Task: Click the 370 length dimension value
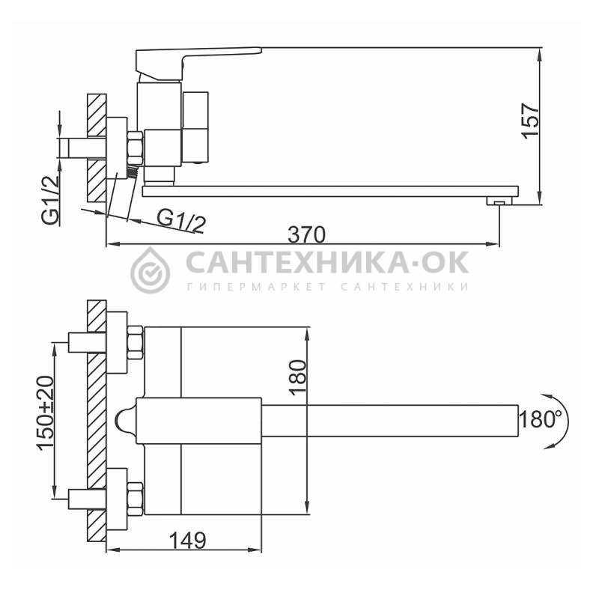pyautogui.click(x=306, y=234)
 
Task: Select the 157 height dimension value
pyautogui.click(x=531, y=121)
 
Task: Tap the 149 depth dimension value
pyautogui.click(x=188, y=540)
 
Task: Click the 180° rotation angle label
pyautogui.click(x=538, y=419)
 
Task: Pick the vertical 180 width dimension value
pyautogui.click(x=297, y=377)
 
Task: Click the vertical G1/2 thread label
pyautogui.click(x=50, y=200)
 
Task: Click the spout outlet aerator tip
pyautogui.click(x=499, y=201)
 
